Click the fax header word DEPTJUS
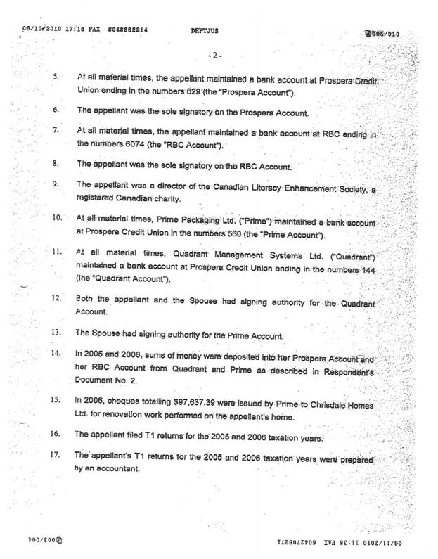[202, 32]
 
